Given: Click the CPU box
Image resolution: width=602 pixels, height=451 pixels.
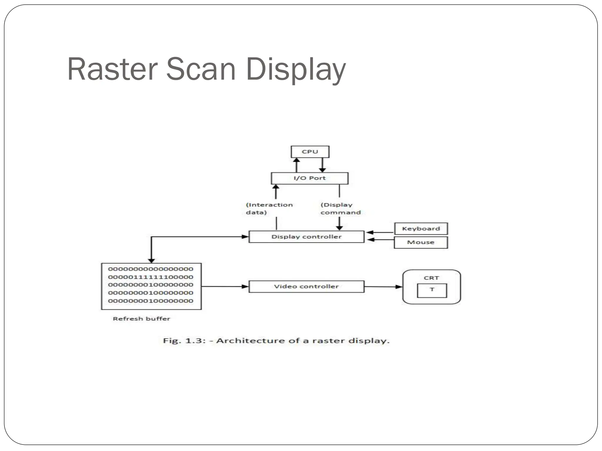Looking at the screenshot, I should tap(310, 152).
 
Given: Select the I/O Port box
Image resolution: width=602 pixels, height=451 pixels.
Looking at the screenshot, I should tap(310, 178).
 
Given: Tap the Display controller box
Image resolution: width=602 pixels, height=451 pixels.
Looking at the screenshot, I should tap(306, 237).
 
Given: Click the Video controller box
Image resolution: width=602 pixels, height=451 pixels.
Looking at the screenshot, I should tap(306, 287).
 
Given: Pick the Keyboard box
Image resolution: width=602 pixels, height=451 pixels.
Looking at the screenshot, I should tap(421, 229).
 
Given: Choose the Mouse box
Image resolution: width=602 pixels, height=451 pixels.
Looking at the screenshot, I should tap(421, 243).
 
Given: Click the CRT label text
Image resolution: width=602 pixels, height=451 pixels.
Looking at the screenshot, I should tap(431, 278).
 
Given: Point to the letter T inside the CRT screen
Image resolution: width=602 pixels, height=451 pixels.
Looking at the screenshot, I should tap(432, 290).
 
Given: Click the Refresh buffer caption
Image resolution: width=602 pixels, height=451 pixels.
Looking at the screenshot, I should tap(141, 319).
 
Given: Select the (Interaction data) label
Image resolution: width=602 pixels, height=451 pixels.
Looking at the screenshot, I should tap(269, 208).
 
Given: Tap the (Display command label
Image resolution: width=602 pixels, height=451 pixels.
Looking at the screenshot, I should tap(340, 208).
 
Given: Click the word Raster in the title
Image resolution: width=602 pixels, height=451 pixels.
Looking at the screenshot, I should tap(112, 69).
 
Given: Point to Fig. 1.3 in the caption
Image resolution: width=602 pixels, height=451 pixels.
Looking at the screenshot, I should tap(184, 341).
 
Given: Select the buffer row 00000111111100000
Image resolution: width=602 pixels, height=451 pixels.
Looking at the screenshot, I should tap(150, 277).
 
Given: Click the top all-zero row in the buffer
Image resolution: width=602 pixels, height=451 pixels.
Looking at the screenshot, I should tap(150, 269).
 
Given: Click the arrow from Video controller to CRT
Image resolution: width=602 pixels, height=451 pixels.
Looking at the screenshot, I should tap(383, 287).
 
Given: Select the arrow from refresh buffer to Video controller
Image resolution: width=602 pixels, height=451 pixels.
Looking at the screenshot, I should tap(225, 287).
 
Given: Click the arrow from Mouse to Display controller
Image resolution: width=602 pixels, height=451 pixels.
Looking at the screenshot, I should tap(380, 240).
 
